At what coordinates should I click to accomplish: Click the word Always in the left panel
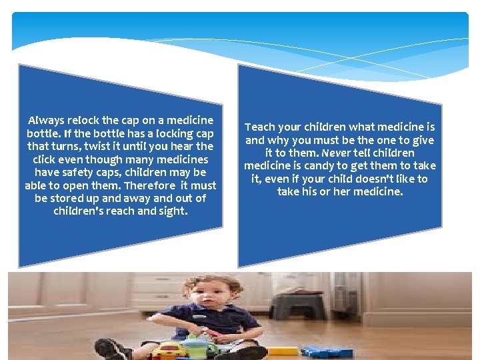[46, 121]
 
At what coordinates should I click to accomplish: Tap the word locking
[170, 133]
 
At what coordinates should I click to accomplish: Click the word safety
[77, 173]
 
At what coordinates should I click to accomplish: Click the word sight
[173, 211]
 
